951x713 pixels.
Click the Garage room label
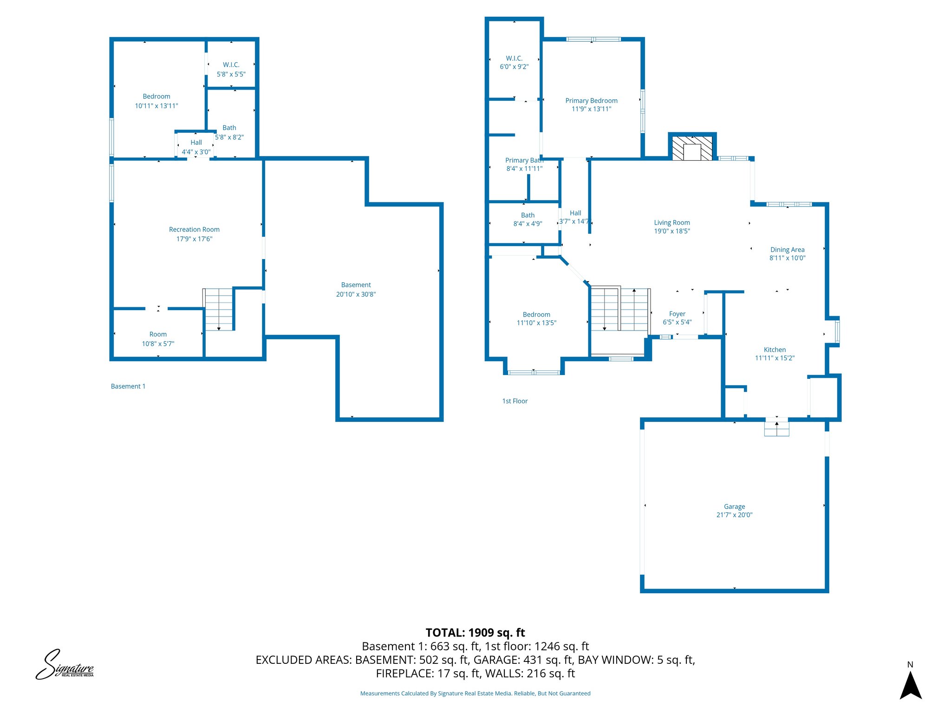click(734, 506)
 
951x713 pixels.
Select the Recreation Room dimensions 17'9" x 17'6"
click(194, 239)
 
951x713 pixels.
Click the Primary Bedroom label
click(591, 101)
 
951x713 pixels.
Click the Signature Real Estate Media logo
click(65, 665)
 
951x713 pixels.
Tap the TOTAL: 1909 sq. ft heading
click(475, 633)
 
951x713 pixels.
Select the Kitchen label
click(775, 350)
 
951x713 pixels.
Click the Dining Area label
click(787, 250)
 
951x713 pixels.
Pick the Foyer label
click(677, 314)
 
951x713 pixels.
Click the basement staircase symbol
click(218, 309)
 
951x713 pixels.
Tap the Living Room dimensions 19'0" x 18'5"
click(672, 231)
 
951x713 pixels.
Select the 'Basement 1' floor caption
click(128, 386)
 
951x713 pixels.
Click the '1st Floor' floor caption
click(515, 401)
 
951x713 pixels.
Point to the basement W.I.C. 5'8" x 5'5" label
click(231, 70)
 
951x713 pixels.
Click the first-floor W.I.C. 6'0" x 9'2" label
click(514, 63)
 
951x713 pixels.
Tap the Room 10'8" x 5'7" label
click(158, 339)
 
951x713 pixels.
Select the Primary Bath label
click(524, 161)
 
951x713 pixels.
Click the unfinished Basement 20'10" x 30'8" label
click(356, 290)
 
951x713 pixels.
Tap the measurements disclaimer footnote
click(475, 694)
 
